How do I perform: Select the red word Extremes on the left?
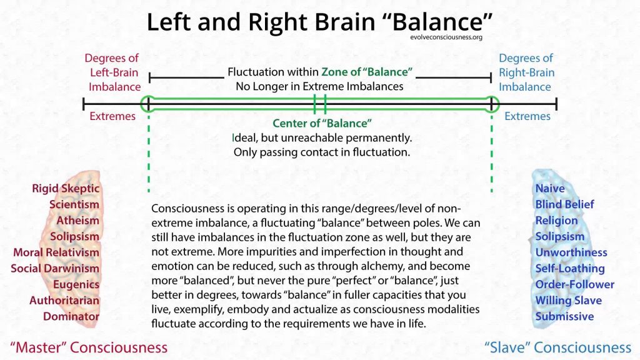[x=112, y=116]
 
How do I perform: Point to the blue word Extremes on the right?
[x=527, y=116]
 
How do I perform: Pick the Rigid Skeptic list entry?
[x=66, y=188]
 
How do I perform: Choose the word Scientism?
[x=74, y=204]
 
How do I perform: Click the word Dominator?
[x=71, y=316]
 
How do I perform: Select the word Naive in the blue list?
[x=550, y=188]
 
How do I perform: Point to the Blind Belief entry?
[x=564, y=204]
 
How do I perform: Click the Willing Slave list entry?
[x=568, y=300]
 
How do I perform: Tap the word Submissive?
[x=564, y=316]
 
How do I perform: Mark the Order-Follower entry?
[x=574, y=284]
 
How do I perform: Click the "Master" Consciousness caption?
[x=88, y=347]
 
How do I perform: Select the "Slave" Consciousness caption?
[x=558, y=347]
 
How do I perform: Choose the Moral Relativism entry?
[x=56, y=252]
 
